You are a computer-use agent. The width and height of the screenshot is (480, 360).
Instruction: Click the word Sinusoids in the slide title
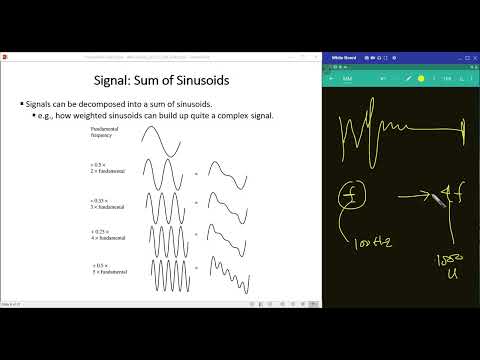click(201, 80)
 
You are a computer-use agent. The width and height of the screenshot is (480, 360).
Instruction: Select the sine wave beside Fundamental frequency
click(160, 144)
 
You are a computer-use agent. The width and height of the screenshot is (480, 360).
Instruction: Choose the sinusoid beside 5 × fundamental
click(160, 279)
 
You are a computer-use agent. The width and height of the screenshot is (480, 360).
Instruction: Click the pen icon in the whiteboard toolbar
click(409, 77)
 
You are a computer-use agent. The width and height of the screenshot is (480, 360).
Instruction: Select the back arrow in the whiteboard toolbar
click(332, 77)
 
